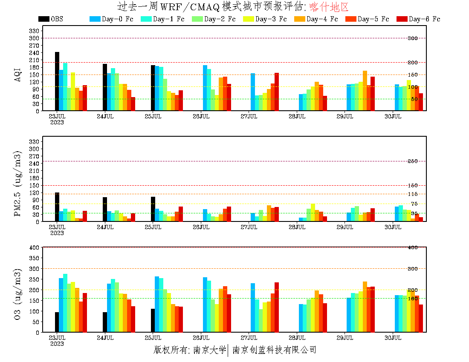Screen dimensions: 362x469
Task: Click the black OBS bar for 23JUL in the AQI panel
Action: pyautogui.click(x=57, y=81)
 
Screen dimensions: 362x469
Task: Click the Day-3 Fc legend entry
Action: pyautogui.click(x=265, y=19)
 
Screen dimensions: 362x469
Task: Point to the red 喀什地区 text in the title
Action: pyautogui.click(x=329, y=7)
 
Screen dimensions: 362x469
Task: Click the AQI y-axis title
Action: pyautogui.click(x=18, y=71)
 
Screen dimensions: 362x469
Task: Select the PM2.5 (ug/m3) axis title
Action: pyautogui.click(x=18, y=183)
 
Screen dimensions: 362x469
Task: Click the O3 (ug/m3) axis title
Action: pyautogui.click(x=18, y=294)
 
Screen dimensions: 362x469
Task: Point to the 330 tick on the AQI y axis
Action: pyautogui.click(x=34, y=31)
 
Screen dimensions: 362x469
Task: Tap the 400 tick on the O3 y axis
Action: pyautogui.click(x=34, y=247)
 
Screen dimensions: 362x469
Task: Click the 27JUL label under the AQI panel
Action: pyautogui.click(x=249, y=116)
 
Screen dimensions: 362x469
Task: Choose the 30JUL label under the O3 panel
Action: pyautogui.click(x=393, y=338)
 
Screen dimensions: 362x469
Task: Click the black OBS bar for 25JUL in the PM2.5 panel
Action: pyautogui.click(x=153, y=209)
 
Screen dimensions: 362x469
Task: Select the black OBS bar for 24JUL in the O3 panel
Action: pyautogui.click(x=105, y=322)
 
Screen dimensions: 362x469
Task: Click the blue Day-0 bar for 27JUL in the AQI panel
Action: pyautogui.click(x=253, y=92)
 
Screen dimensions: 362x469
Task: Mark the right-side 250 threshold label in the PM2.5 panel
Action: pyautogui.click(x=413, y=161)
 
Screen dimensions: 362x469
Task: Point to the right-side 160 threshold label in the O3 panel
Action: pyautogui.click(x=413, y=299)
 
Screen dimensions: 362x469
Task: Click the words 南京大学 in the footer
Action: pyautogui.click(x=209, y=350)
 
